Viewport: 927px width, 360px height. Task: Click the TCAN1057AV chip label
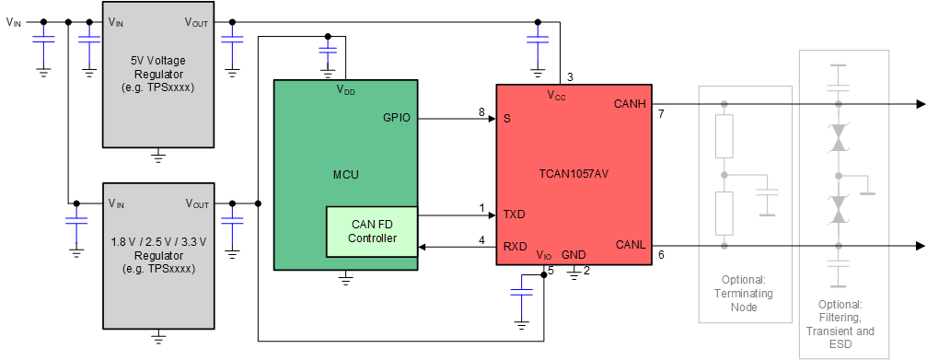click(574, 172)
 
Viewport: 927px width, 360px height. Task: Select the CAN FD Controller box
click(371, 231)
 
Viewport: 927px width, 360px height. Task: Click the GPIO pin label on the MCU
click(398, 118)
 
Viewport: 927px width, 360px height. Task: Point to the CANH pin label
click(631, 104)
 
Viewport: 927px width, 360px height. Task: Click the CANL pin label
click(631, 244)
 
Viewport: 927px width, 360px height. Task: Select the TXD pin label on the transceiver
click(514, 215)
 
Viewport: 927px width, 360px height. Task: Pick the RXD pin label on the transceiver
click(514, 246)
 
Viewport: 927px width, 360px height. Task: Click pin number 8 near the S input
click(481, 112)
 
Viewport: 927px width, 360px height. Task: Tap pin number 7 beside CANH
click(661, 114)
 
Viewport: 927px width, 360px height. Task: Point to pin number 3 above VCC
click(570, 76)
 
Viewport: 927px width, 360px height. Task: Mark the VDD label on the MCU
click(345, 91)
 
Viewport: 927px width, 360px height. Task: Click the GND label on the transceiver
click(574, 255)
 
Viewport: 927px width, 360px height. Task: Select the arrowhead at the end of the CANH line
click(921, 104)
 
